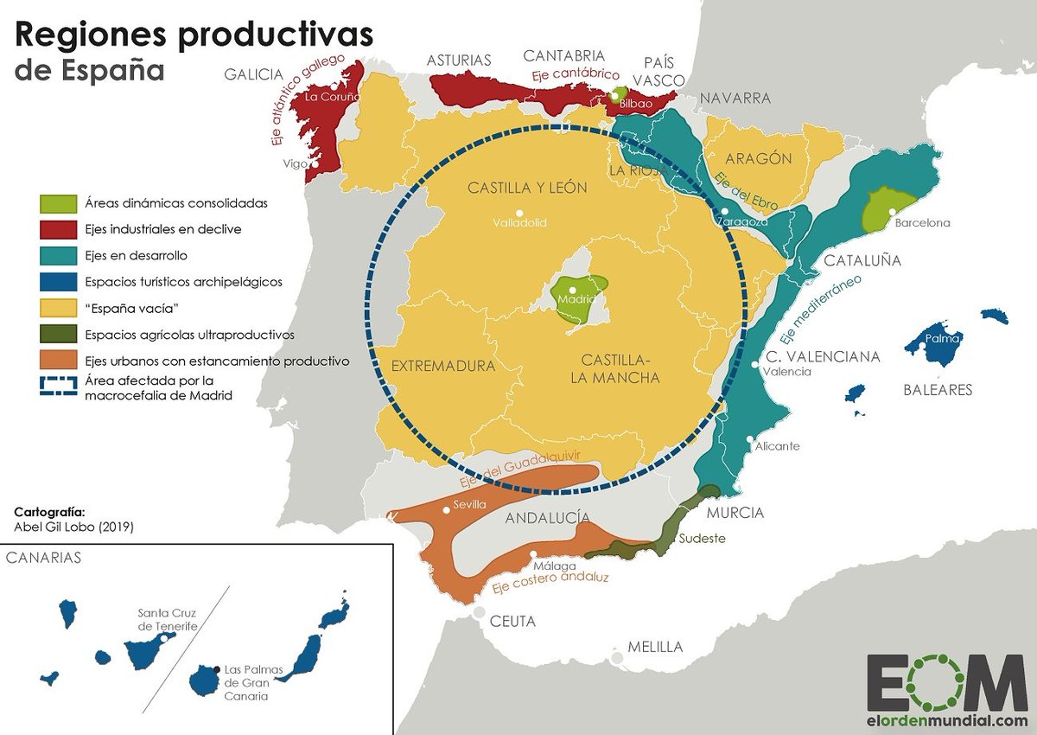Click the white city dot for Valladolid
point(519,213)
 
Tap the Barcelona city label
point(922,222)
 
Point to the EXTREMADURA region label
point(443,366)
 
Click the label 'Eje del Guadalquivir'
point(518,467)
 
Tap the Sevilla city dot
point(446,510)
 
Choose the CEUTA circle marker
point(479,612)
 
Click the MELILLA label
point(655,647)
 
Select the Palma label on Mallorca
point(942,338)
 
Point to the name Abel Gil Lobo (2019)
point(73,526)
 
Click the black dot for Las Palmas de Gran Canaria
point(215,669)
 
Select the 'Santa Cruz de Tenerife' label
point(167,620)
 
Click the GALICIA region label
point(253,74)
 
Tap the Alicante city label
point(777,446)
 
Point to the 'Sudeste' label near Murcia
point(702,538)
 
